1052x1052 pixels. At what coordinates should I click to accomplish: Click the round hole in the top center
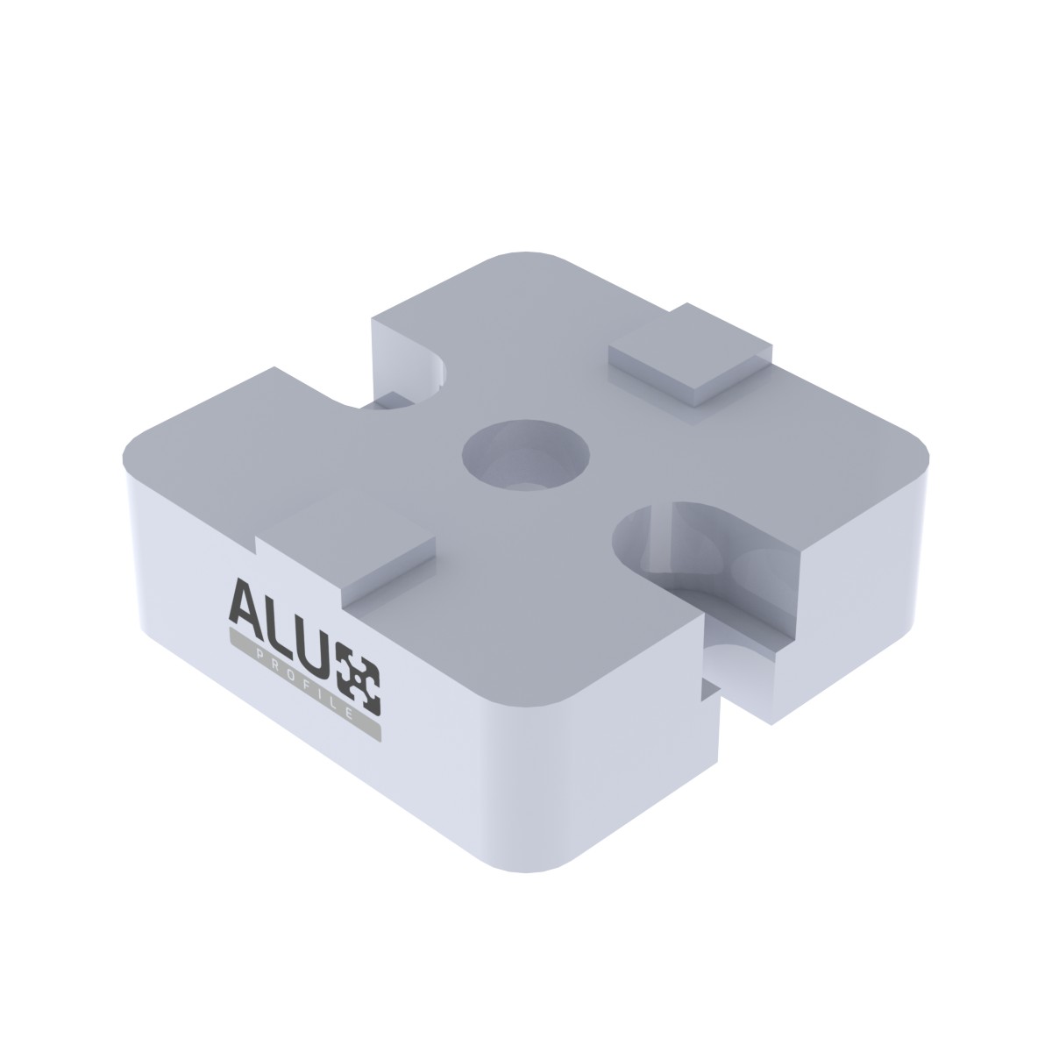pyautogui.click(x=526, y=455)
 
